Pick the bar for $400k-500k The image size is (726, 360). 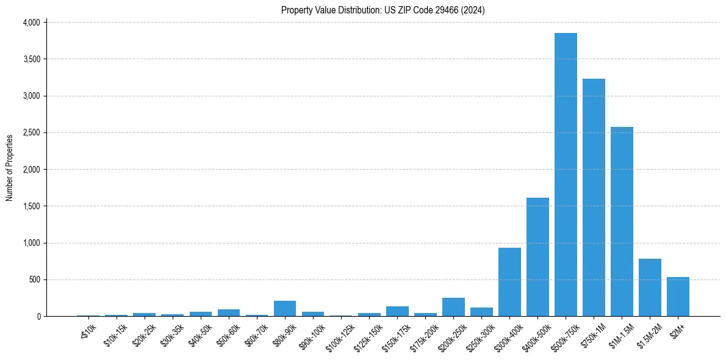537,257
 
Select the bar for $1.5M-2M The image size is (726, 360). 650,287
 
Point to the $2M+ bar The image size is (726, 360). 678,297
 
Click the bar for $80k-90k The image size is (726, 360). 285,308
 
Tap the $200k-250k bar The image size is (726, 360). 453,307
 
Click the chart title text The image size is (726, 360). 383,10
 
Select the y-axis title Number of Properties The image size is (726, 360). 10,168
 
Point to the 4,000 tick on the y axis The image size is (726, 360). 31,23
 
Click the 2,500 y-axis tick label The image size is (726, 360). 31,132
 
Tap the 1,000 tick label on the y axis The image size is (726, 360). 31,243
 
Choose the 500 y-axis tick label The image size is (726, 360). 34,279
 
